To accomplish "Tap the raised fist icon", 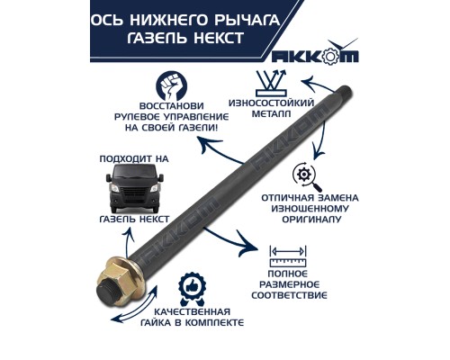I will click(x=175, y=87).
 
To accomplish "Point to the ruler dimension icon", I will click(x=287, y=253).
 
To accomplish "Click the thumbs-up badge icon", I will click(x=193, y=287).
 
